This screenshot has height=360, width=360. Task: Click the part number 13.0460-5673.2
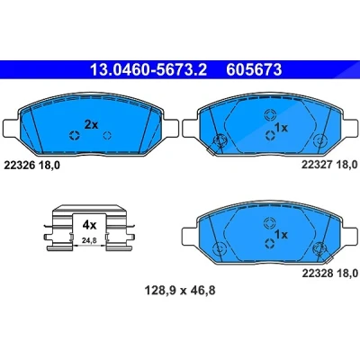point(148,70)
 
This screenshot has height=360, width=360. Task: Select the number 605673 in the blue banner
point(254,70)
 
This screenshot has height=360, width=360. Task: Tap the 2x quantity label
point(91,124)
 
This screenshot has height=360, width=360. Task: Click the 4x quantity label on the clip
point(89,225)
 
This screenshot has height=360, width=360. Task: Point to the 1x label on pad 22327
point(281,128)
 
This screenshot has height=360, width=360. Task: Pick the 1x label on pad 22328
point(281,234)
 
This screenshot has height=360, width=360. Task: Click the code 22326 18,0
point(31,166)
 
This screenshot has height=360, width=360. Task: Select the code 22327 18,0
point(329,165)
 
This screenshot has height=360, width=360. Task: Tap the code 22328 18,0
point(329,273)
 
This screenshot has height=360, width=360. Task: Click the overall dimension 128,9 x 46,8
point(180,290)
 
